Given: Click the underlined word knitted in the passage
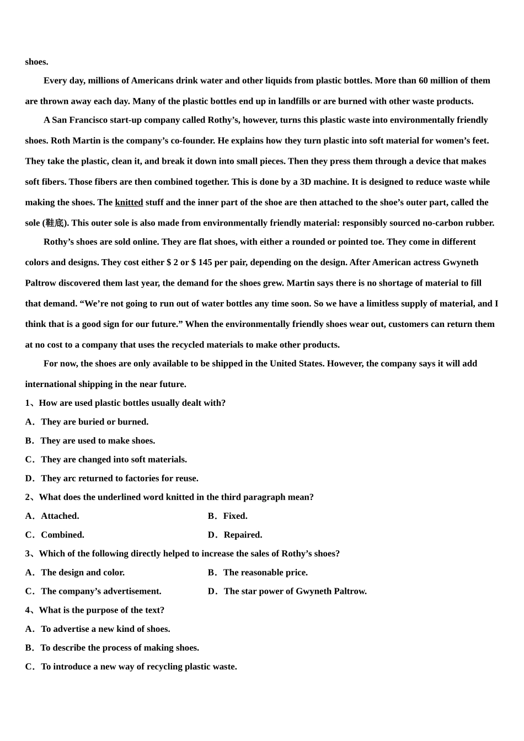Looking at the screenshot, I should click(x=129, y=202).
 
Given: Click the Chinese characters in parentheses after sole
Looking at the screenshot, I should click(x=55, y=223).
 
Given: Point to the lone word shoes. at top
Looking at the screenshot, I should click(x=36, y=62).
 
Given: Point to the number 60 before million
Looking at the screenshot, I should click(x=423, y=80).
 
